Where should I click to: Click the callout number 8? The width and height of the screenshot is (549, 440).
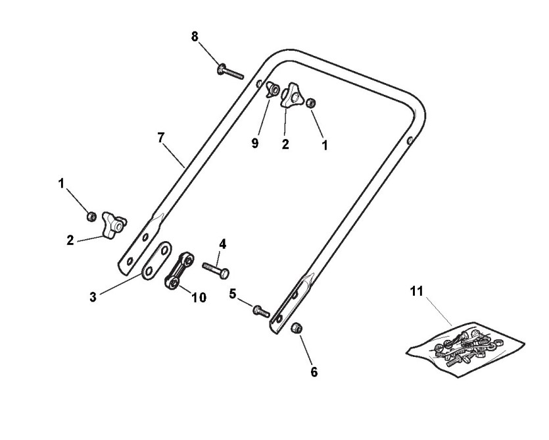point(195,37)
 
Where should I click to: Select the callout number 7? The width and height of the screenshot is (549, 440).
point(160,138)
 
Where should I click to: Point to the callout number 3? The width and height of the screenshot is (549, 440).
point(93,297)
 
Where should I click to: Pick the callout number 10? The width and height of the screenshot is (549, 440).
point(199,298)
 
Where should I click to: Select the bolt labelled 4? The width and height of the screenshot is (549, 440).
point(216,269)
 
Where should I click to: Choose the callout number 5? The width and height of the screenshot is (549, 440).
point(233,294)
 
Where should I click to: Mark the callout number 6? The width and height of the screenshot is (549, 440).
point(314,372)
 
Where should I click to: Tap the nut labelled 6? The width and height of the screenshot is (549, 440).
point(297,327)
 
